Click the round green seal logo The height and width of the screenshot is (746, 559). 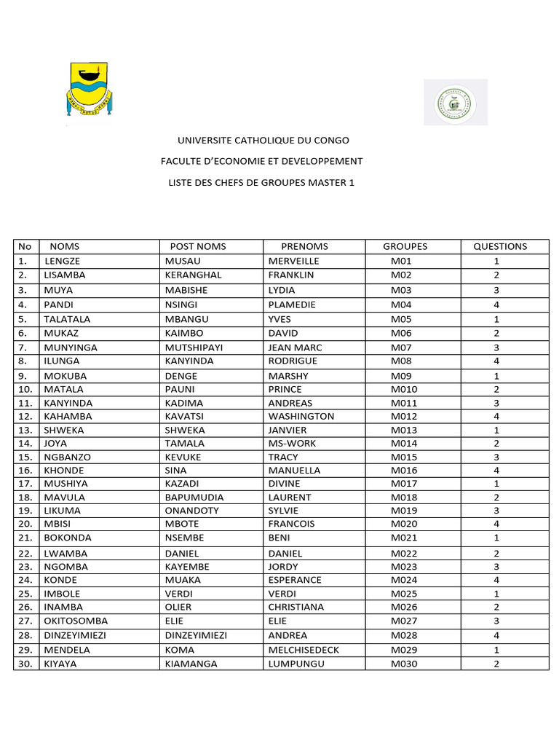(x=455, y=103)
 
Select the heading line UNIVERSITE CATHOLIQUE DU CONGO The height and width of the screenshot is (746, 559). (x=263, y=140)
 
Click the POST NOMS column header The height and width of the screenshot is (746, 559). (x=197, y=246)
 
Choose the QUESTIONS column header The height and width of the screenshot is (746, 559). (x=500, y=246)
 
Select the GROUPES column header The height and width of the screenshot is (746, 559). (x=405, y=246)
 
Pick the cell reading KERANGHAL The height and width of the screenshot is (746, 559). (x=193, y=275)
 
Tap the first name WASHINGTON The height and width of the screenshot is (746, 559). (x=301, y=416)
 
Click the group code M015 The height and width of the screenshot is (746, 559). (x=403, y=457)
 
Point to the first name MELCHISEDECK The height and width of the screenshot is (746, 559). (x=304, y=649)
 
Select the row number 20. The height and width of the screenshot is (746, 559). (x=25, y=524)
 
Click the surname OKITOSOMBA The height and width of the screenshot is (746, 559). (x=76, y=621)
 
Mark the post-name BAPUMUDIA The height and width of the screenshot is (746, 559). (x=194, y=497)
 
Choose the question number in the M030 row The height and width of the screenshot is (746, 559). (x=496, y=664)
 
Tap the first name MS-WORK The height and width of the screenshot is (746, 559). (x=291, y=443)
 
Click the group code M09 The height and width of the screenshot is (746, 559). (x=401, y=376)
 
